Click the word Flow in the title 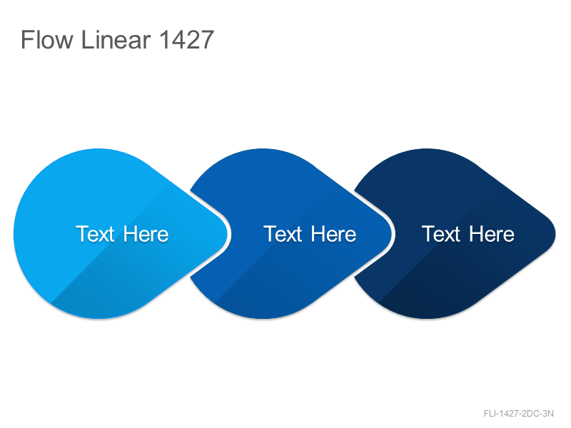coord(47,39)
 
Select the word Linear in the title coord(116,39)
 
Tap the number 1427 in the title coord(186,39)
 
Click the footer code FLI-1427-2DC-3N coord(519,414)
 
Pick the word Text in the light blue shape coord(95,234)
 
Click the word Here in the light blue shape coord(146,234)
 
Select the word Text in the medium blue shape coord(283,234)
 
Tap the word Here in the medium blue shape coord(333,234)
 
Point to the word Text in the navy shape coord(441,234)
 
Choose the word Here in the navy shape coord(492,234)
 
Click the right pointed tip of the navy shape coord(555,234)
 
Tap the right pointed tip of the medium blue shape coord(391,234)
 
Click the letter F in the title coord(27,39)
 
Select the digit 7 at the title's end coord(207,39)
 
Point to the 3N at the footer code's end coord(548,414)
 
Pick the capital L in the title coord(86,39)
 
